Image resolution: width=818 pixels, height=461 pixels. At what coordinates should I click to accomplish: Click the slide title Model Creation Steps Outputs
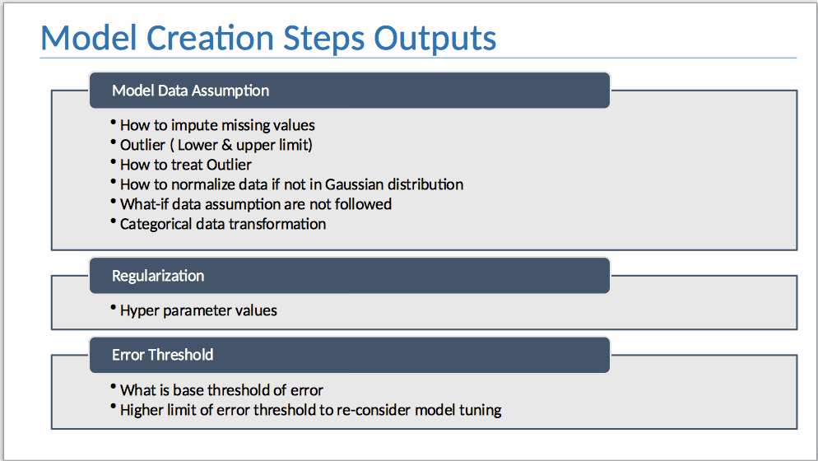pyautogui.click(x=268, y=39)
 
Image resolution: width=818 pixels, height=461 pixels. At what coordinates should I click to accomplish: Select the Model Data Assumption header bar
pyautogui.click(x=349, y=91)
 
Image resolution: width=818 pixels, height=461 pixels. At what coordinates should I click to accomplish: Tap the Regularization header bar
pyautogui.click(x=349, y=276)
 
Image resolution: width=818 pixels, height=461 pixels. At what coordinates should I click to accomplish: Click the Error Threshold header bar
pyautogui.click(x=349, y=355)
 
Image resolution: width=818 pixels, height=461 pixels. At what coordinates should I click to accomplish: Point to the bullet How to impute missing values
pyautogui.click(x=217, y=125)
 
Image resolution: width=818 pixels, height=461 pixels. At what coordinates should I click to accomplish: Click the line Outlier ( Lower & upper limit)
pyautogui.click(x=216, y=145)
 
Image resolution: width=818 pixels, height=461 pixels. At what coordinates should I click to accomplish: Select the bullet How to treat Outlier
pyautogui.click(x=186, y=165)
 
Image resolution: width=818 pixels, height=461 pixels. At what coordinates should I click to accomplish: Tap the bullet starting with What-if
pyautogui.click(x=256, y=203)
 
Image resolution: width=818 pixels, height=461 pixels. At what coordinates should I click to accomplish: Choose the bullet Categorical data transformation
pyautogui.click(x=223, y=224)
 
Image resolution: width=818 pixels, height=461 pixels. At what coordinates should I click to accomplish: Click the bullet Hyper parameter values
pyautogui.click(x=198, y=310)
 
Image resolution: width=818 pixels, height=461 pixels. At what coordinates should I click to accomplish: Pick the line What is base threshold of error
pyautogui.click(x=221, y=390)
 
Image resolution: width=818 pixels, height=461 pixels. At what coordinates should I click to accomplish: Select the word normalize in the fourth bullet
pyautogui.click(x=201, y=184)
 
